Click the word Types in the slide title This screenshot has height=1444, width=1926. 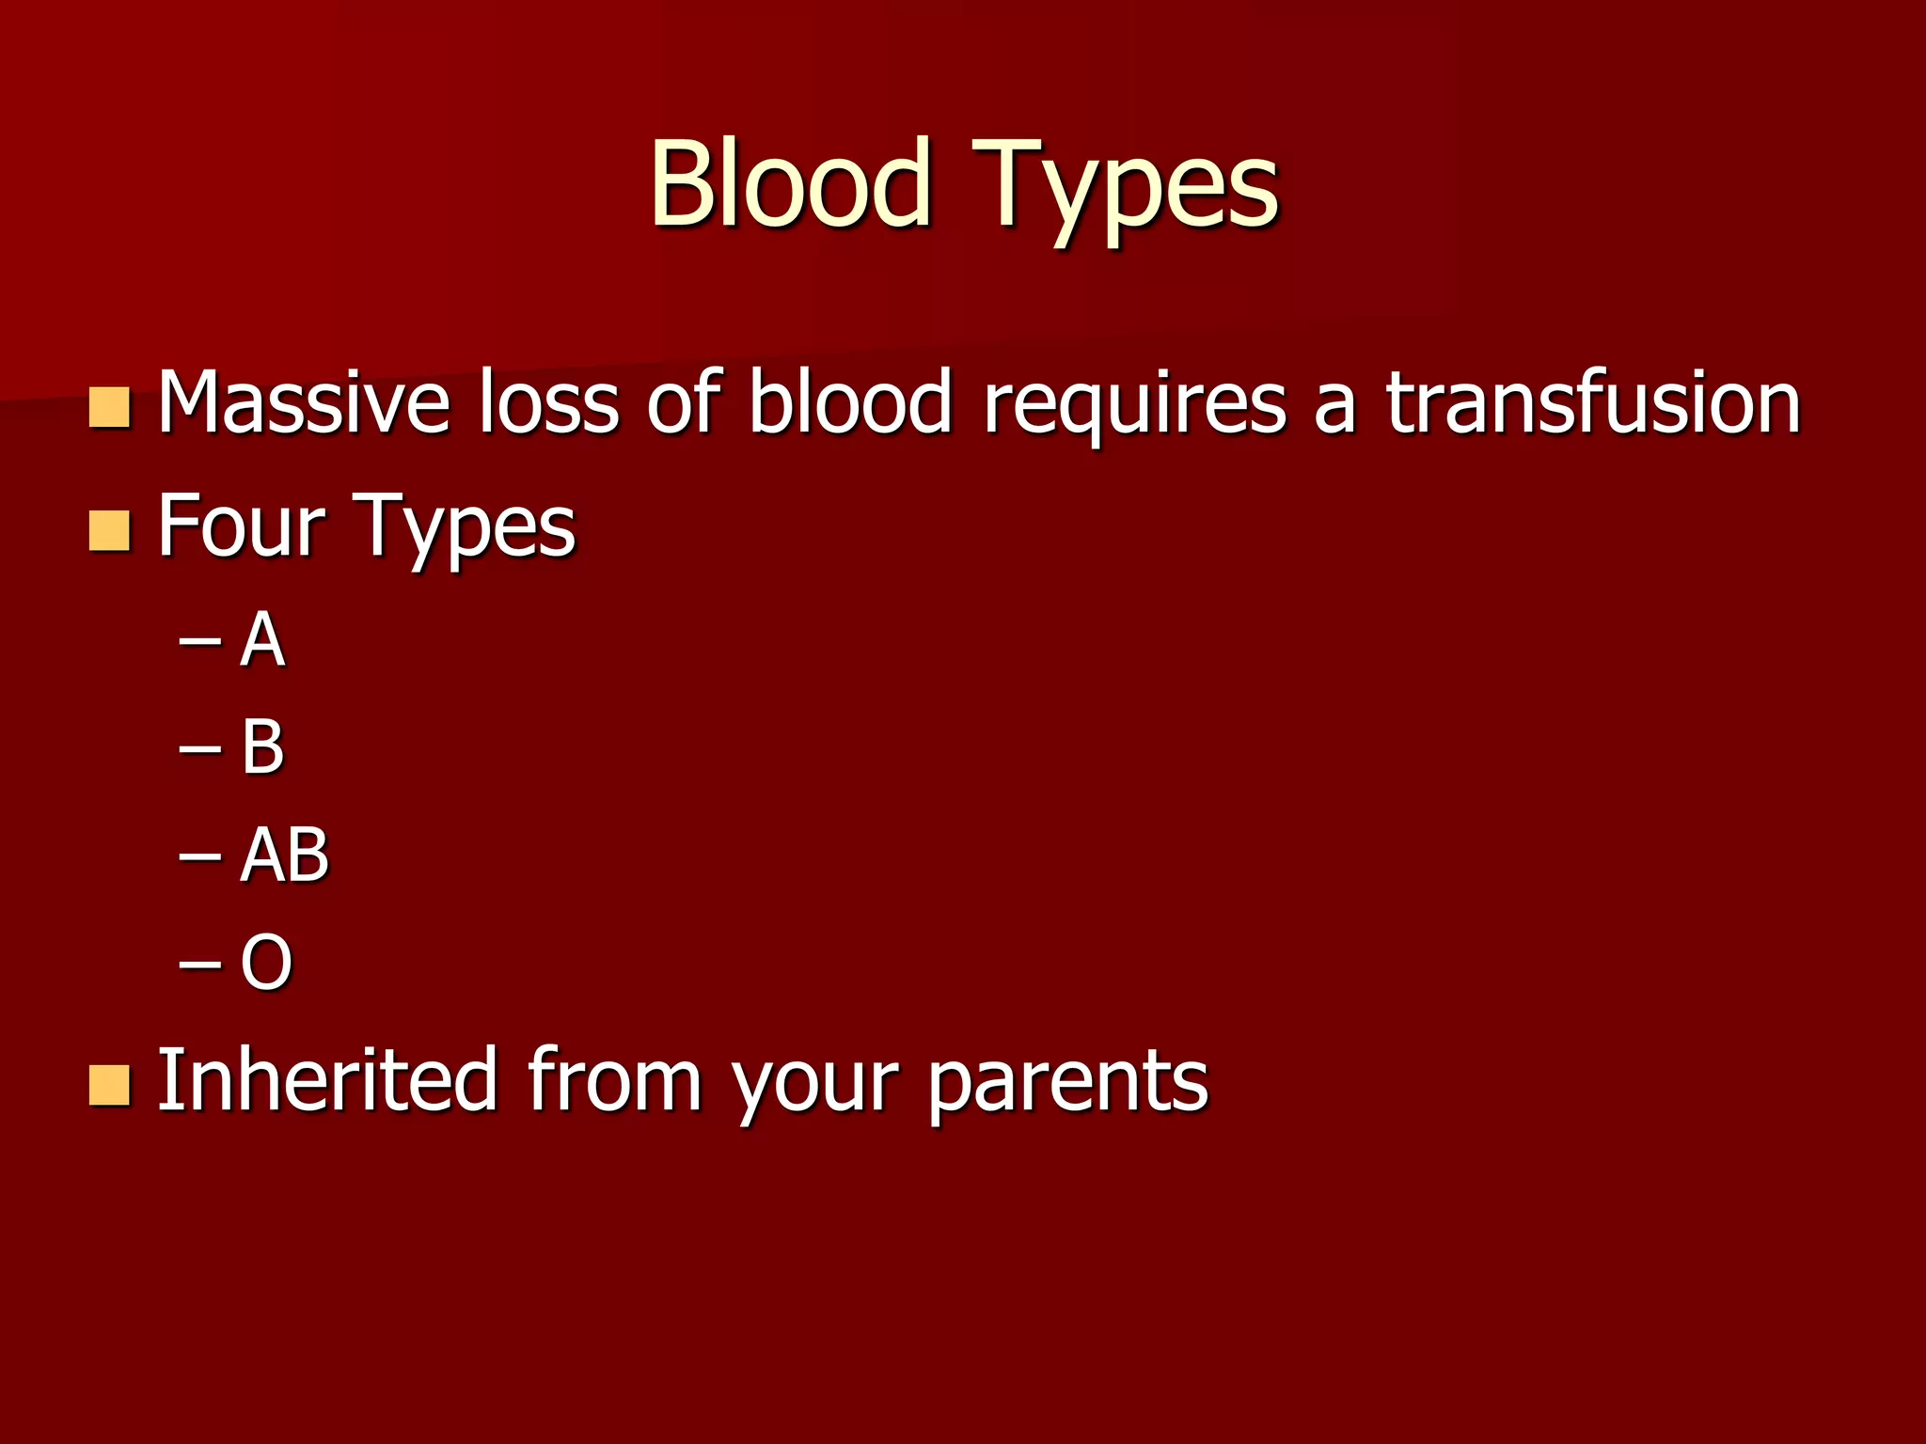tap(1126, 188)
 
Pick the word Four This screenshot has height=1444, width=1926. tap(241, 526)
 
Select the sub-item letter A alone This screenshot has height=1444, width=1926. tap(262, 640)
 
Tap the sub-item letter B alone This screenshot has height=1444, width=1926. tap(262, 747)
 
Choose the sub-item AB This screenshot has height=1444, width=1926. tap(284, 855)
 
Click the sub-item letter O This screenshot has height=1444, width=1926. tap(266, 963)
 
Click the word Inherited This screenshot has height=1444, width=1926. tap(326, 1080)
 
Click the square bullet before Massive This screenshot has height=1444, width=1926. tap(109, 407)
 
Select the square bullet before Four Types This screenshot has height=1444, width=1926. tap(109, 530)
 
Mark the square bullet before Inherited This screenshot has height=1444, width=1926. tap(109, 1085)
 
